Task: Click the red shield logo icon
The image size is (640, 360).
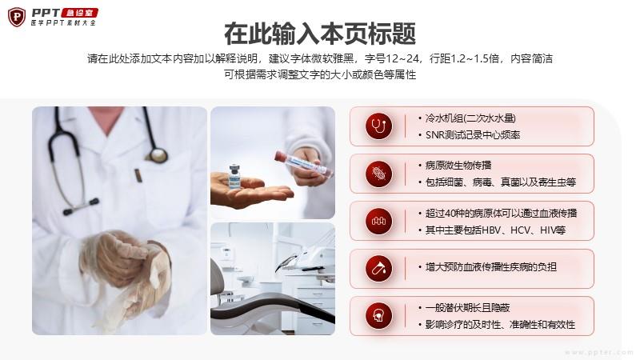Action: (17, 17)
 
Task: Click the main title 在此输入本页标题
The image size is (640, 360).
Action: (320, 34)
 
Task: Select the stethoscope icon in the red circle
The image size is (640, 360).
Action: (378, 126)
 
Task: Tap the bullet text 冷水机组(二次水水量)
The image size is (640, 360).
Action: (470, 118)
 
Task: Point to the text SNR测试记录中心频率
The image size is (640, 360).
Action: (473, 135)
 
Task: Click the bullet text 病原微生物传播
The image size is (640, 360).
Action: (458, 166)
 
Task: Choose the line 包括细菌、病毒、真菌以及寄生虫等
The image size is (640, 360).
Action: (501, 182)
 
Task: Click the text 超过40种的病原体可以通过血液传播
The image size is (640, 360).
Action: (502, 213)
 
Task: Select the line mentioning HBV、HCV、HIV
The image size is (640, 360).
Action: (495, 230)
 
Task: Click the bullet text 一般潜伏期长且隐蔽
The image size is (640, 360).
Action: (468, 308)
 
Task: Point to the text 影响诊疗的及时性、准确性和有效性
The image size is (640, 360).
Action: (500, 325)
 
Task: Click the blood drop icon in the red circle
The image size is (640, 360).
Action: (378, 269)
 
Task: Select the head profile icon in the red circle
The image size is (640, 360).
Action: (378, 316)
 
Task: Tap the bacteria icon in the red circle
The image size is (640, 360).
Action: (378, 174)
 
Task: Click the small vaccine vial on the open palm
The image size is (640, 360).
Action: (234, 176)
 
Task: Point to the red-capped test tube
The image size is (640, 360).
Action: (302, 163)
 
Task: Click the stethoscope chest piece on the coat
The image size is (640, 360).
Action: (158, 155)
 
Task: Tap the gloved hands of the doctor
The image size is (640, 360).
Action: (125, 270)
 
